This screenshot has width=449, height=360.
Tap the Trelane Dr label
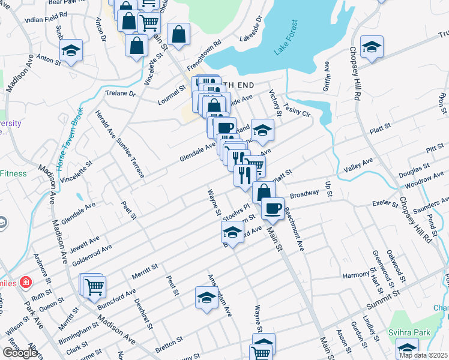120,94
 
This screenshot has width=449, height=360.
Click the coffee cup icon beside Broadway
273,209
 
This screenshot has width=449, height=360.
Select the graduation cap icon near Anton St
71,52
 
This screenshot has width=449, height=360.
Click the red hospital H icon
25,281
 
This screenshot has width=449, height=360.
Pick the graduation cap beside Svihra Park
408,349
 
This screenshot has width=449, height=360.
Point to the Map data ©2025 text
424,355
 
